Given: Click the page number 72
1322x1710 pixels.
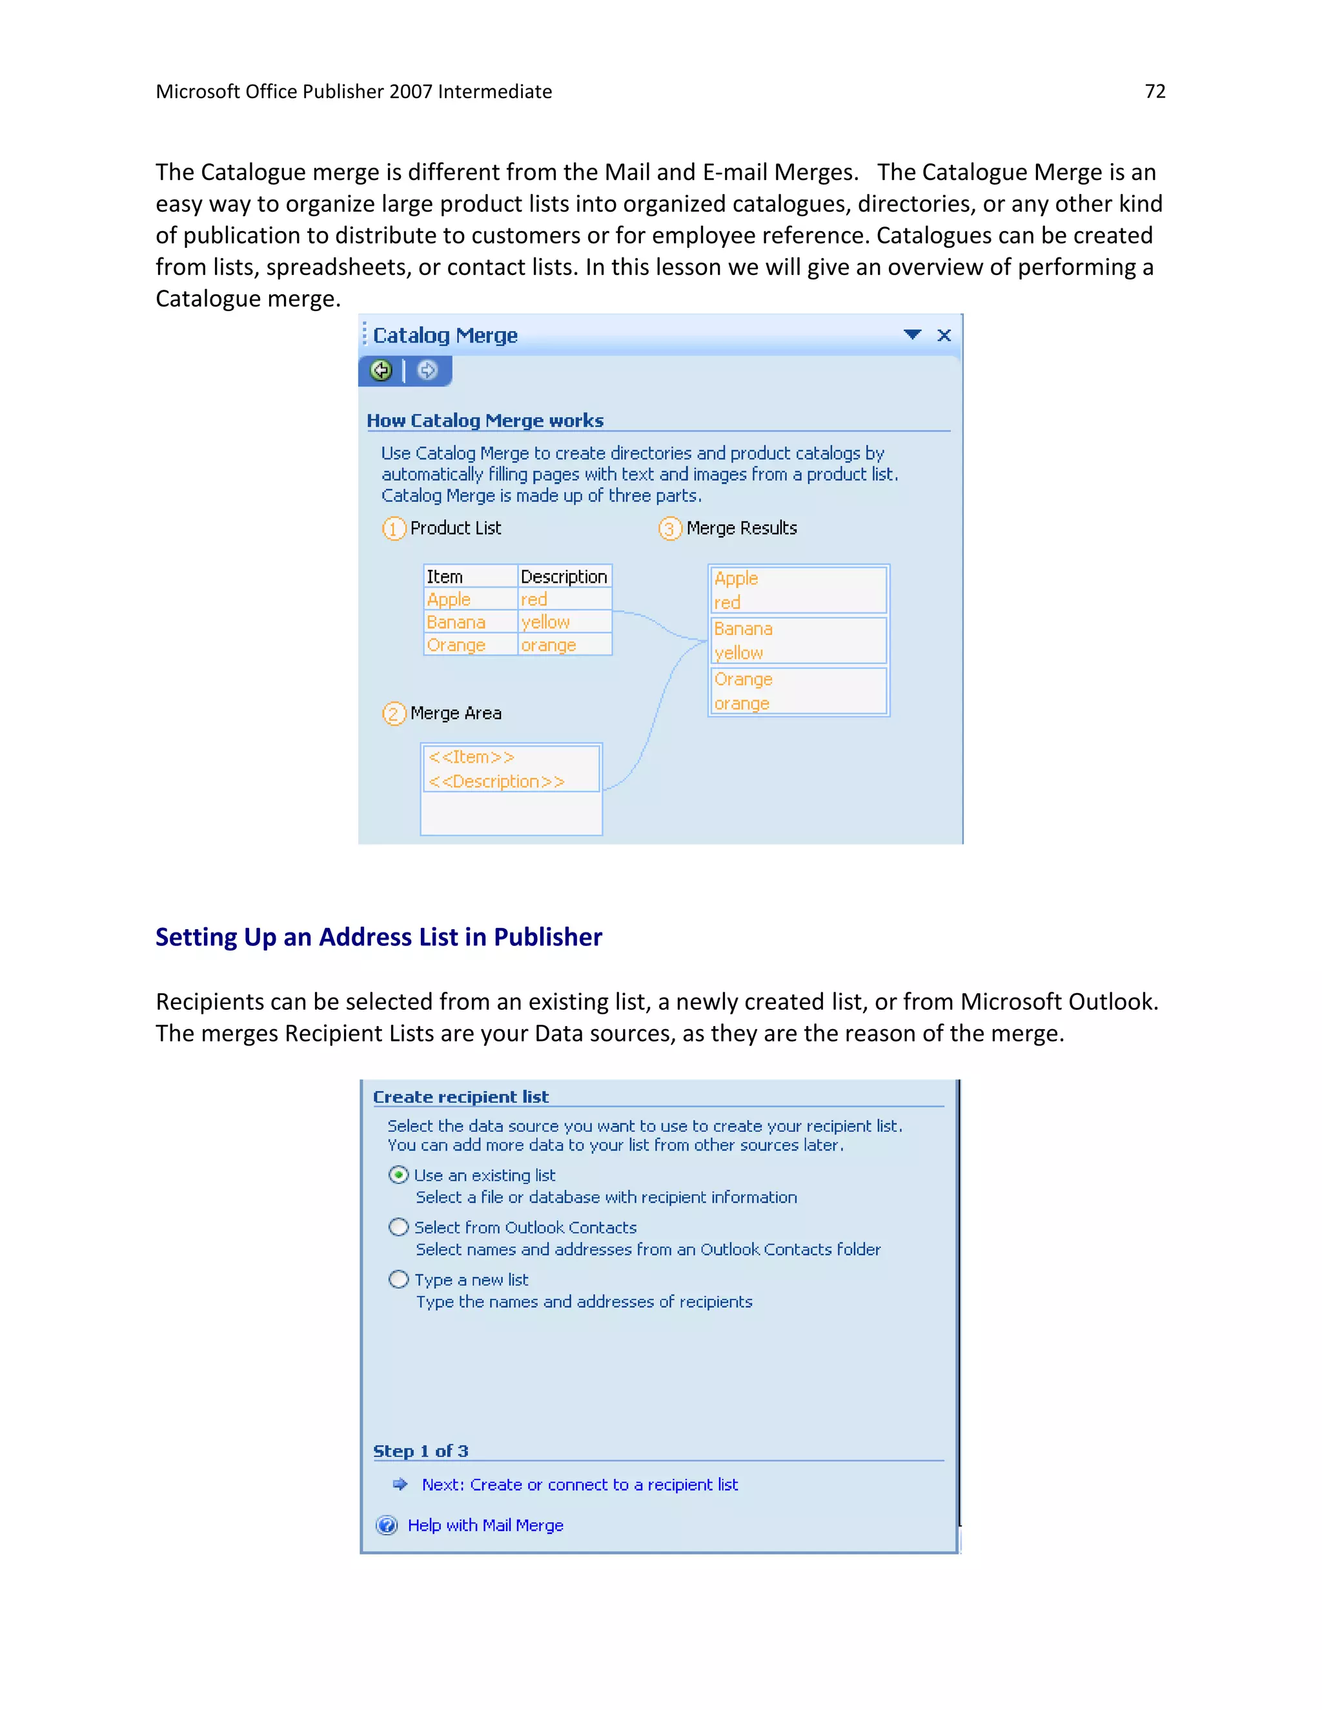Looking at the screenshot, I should [1154, 92].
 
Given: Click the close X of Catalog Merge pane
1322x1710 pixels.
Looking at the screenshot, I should [944, 335].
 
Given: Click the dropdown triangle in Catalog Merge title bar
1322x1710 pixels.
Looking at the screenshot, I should [911, 334].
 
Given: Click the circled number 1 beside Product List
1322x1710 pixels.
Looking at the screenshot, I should [393, 528].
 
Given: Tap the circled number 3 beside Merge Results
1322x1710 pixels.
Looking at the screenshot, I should [669, 528].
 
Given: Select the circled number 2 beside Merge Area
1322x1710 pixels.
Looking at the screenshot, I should [393, 713].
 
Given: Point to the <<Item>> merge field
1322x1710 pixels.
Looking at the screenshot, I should [471, 757].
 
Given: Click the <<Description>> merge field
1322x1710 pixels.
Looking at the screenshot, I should [496, 781].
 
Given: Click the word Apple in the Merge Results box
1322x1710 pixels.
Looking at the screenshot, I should [735, 579].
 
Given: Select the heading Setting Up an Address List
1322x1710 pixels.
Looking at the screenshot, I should [378, 936].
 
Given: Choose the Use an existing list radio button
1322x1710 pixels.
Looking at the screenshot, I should [399, 1174].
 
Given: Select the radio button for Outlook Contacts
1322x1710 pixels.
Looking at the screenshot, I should [399, 1227].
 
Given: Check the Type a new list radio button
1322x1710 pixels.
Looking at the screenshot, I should [399, 1280].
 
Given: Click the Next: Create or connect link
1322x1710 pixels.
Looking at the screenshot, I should [580, 1485].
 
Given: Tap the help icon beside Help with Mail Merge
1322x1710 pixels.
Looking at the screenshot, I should [387, 1525].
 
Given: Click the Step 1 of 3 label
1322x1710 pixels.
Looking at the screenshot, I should [421, 1451].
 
